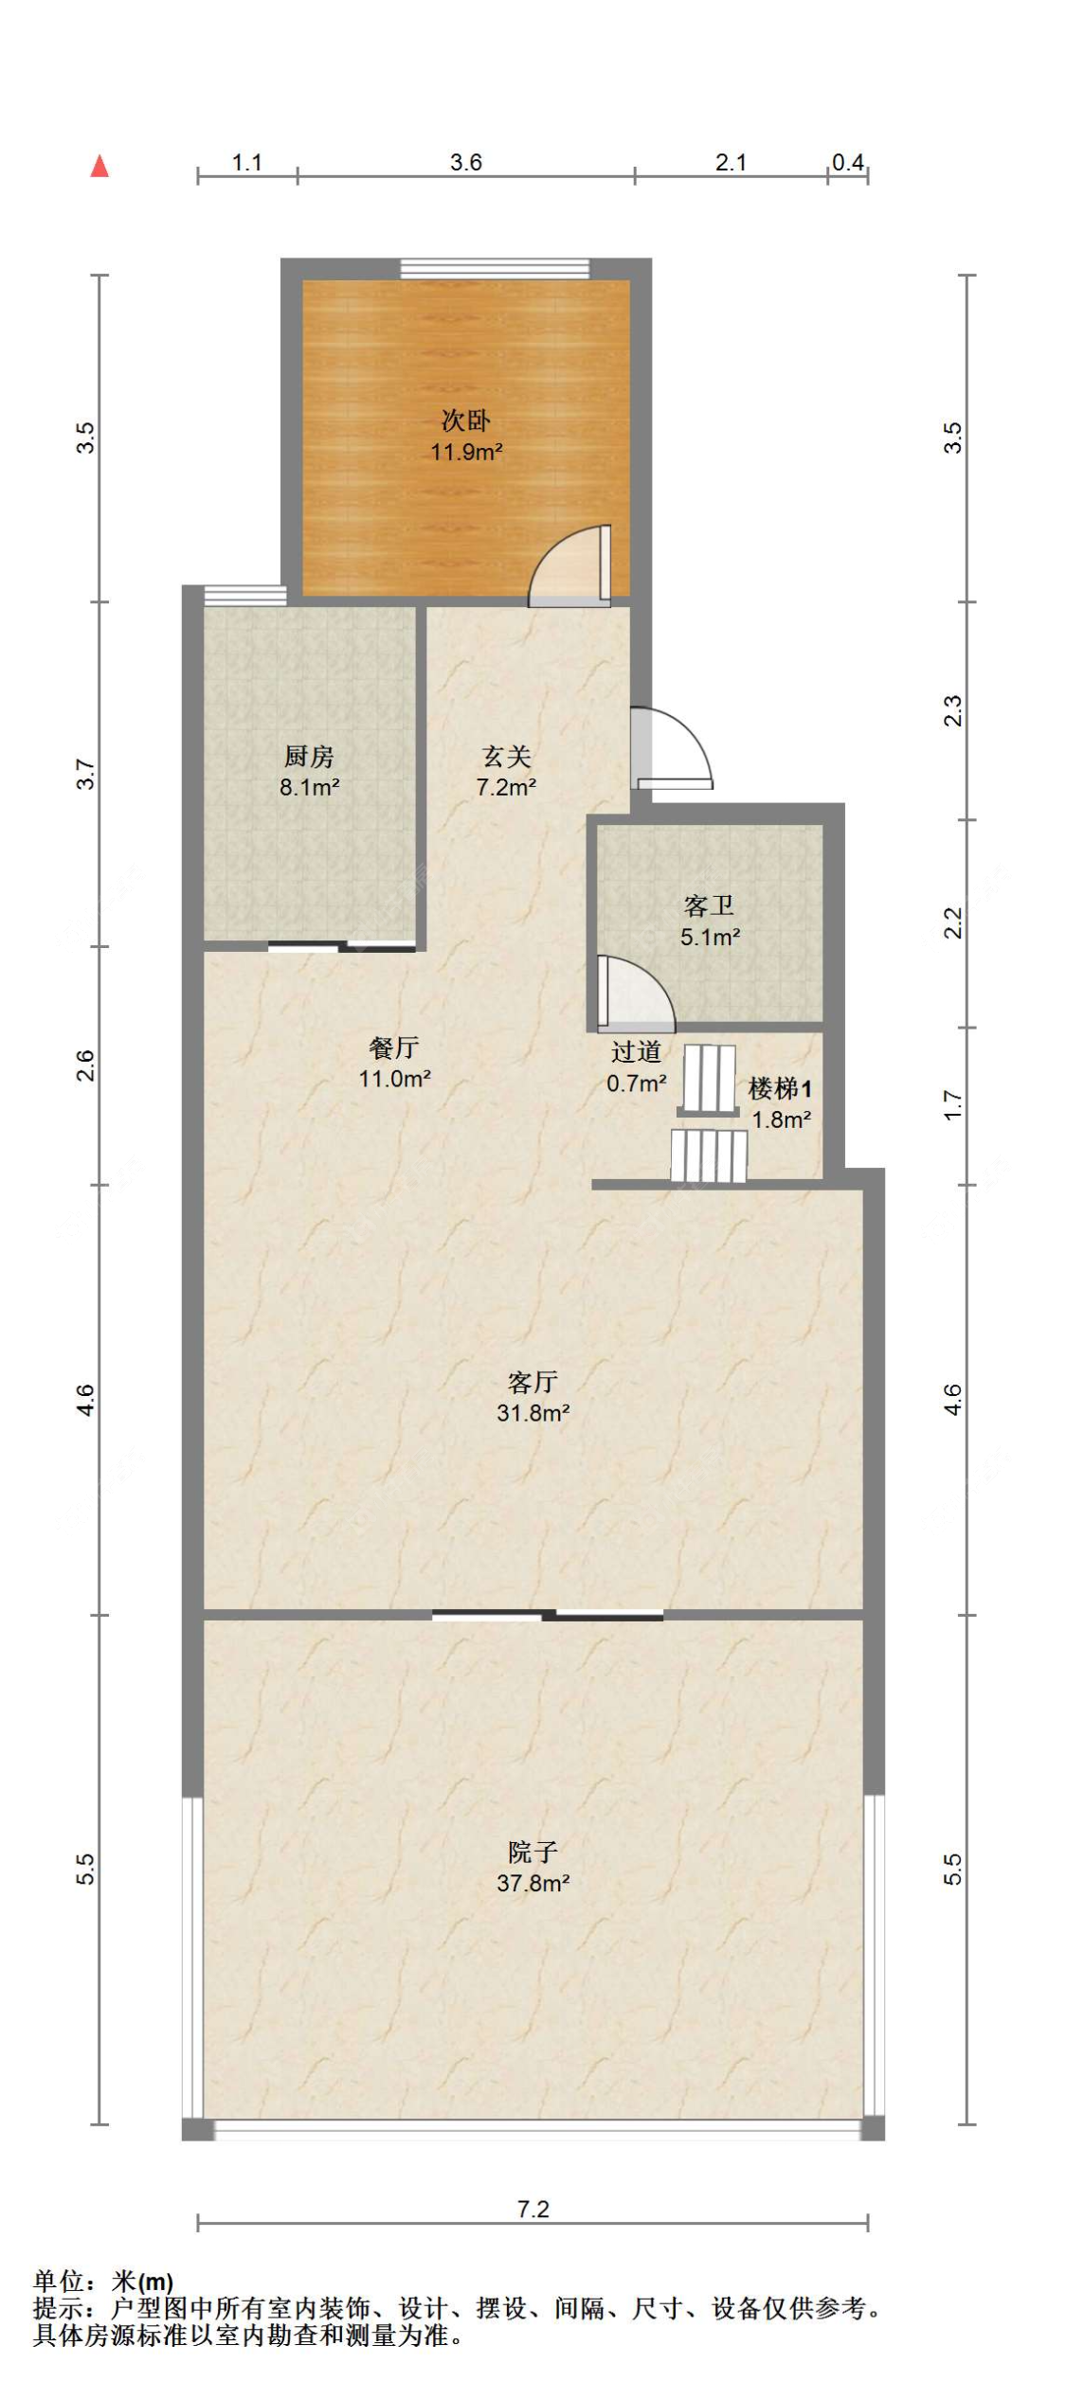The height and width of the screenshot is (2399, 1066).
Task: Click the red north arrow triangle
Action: (99, 167)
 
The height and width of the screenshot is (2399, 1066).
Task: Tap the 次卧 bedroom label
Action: (465, 421)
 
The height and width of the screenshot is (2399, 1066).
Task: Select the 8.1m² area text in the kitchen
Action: (309, 787)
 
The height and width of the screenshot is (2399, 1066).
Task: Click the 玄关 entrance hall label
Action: (506, 756)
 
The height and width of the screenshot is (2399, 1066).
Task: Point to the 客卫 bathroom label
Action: (709, 905)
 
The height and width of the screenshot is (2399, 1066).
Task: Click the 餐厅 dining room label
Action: (394, 1047)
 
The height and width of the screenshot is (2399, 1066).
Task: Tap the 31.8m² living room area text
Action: (533, 1413)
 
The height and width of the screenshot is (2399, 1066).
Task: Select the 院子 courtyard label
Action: (533, 1852)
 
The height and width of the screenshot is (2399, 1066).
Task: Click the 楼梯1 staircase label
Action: (779, 1089)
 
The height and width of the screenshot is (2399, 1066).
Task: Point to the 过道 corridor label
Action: (636, 1051)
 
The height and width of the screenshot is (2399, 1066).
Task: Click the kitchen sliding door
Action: (341, 945)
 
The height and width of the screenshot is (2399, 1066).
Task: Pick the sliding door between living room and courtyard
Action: (548, 1615)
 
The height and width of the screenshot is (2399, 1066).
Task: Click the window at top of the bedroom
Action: (495, 268)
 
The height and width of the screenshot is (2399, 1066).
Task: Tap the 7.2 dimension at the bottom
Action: (533, 2210)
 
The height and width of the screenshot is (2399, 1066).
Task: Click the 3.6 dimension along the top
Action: (465, 163)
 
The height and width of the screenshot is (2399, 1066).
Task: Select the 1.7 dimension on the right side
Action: (953, 1105)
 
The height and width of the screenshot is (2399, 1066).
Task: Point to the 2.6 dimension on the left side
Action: (86, 1065)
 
